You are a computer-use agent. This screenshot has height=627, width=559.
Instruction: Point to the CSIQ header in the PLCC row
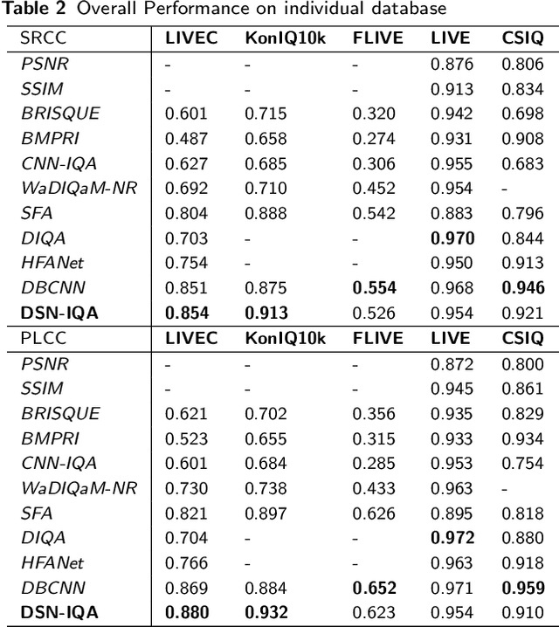[523, 338]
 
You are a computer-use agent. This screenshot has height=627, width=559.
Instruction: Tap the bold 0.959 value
[523, 588]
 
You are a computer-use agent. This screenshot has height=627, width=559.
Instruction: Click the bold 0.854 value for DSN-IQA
[186, 313]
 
